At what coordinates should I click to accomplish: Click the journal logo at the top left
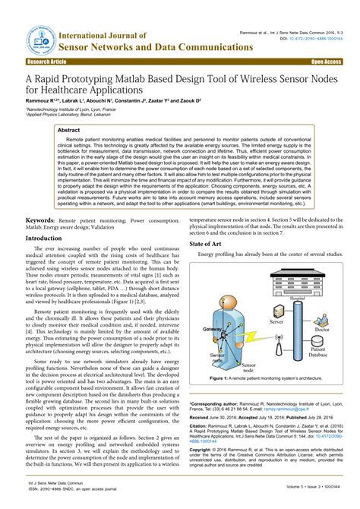35,36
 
